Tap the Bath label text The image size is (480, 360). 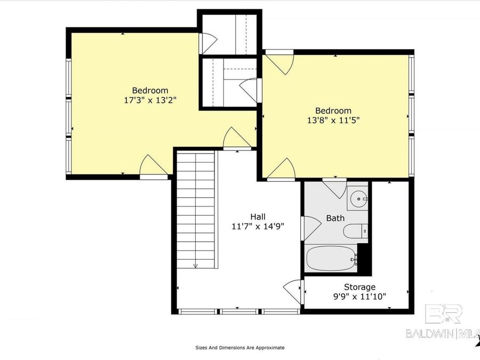(335, 218)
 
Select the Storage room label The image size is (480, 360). (359, 287)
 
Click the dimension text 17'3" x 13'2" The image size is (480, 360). (150, 99)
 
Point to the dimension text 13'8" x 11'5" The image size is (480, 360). (333, 120)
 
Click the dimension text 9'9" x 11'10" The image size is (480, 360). (359, 296)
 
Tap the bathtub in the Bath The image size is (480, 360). (331, 259)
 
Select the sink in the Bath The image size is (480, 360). (358, 199)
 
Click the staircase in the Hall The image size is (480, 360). (196, 208)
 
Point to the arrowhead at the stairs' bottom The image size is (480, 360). (196, 265)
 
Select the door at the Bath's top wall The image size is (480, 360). (335, 188)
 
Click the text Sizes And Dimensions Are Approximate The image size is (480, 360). (239, 348)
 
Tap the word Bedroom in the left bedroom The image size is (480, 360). (150, 90)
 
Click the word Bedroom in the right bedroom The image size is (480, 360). (333, 110)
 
